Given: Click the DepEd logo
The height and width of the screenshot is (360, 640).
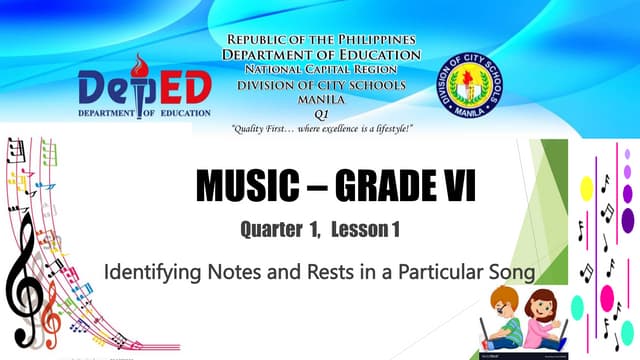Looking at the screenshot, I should click(x=145, y=90).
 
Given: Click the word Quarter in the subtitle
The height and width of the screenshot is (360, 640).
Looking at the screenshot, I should click(x=270, y=231).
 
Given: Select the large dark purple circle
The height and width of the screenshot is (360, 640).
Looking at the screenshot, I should click(x=628, y=219).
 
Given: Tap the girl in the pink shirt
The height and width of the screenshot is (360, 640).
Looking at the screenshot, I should click(x=546, y=320).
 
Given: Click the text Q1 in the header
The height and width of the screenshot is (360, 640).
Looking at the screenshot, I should click(x=321, y=114).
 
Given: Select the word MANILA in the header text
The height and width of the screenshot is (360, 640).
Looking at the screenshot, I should click(x=321, y=99).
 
